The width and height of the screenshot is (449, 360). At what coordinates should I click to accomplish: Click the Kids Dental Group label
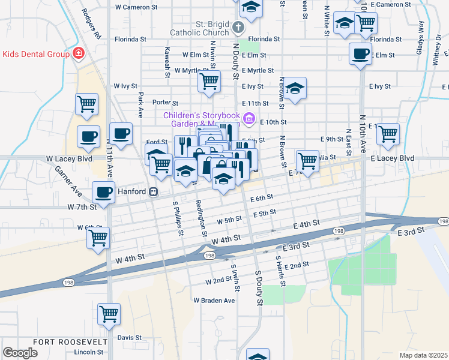pyautogui.click(x=36, y=54)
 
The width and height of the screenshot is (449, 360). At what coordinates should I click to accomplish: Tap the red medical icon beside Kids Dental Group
pyautogui.click(x=77, y=54)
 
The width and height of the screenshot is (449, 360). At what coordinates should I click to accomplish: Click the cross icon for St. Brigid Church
pyautogui.click(x=238, y=28)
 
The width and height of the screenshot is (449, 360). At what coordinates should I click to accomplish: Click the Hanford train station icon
pyautogui.click(x=154, y=192)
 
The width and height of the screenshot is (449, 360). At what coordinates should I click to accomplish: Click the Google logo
pyautogui.click(x=20, y=353)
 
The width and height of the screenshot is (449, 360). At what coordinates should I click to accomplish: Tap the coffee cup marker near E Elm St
pyautogui.click(x=361, y=53)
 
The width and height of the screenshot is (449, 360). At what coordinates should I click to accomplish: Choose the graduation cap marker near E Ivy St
pyautogui.click(x=295, y=89)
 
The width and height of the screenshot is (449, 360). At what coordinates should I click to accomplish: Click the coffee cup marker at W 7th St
pyautogui.click(x=103, y=193)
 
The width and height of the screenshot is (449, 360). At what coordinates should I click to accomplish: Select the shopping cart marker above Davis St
pyautogui.click(x=109, y=313)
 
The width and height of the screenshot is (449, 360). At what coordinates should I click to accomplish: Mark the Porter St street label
pyautogui.click(x=166, y=103)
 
